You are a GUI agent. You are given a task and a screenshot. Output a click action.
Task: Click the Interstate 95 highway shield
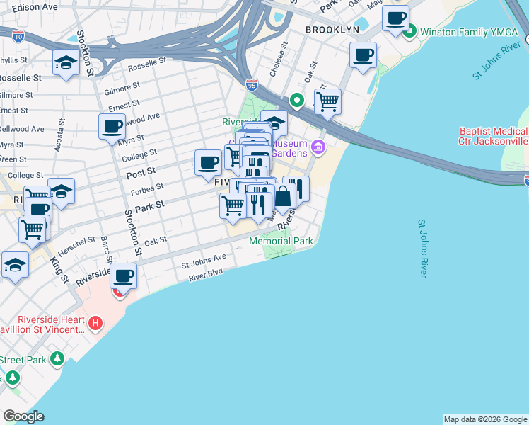[x=251, y=85]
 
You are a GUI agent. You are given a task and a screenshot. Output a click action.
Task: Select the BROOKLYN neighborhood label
[x=332, y=30]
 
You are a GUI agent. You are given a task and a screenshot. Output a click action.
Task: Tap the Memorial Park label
[x=281, y=241]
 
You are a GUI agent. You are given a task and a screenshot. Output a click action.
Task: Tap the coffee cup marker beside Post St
[x=209, y=163]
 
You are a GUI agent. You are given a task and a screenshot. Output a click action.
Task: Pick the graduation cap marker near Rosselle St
[x=66, y=62]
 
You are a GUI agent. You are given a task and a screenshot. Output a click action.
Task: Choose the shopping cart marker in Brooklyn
[x=327, y=101]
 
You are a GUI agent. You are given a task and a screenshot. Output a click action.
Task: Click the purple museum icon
[x=318, y=148]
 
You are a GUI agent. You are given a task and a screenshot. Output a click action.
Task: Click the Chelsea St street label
[x=284, y=54]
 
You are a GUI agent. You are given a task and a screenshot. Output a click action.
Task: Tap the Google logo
[x=23, y=416]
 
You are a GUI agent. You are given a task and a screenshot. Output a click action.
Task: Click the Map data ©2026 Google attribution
[x=485, y=419]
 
